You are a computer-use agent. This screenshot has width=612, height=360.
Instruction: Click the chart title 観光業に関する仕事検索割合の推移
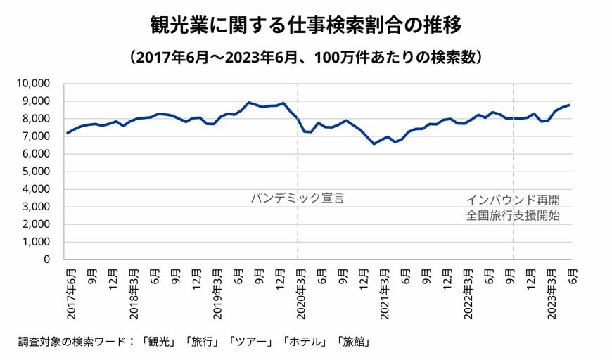[x=306, y=26]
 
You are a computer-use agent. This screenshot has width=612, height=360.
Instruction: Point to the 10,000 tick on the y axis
[x=32, y=83]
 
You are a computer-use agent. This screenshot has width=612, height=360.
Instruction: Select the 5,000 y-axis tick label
[x=35, y=172]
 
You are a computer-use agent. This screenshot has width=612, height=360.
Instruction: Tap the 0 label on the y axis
[x=46, y=259]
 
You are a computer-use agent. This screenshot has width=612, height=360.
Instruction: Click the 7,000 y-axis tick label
[x=35, y=136]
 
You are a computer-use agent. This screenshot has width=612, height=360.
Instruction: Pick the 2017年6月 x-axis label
[x=70, y=292]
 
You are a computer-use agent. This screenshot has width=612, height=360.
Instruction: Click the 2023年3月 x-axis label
[x=552, y=292]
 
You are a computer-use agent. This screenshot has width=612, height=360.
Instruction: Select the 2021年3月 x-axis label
[x=385, y=292]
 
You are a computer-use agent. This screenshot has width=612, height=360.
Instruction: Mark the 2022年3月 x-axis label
[x=468, y=292]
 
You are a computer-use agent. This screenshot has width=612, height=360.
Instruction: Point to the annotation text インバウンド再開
[x=513, y=200]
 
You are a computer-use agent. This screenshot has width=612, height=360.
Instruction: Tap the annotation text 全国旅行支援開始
[x=513, y=216]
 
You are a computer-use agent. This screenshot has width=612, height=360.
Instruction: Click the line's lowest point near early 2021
[x=374, y=143]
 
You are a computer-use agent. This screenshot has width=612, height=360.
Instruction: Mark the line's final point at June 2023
[x=569, y=105]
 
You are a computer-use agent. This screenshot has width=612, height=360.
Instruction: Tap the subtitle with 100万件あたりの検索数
[x=306, y=57]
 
